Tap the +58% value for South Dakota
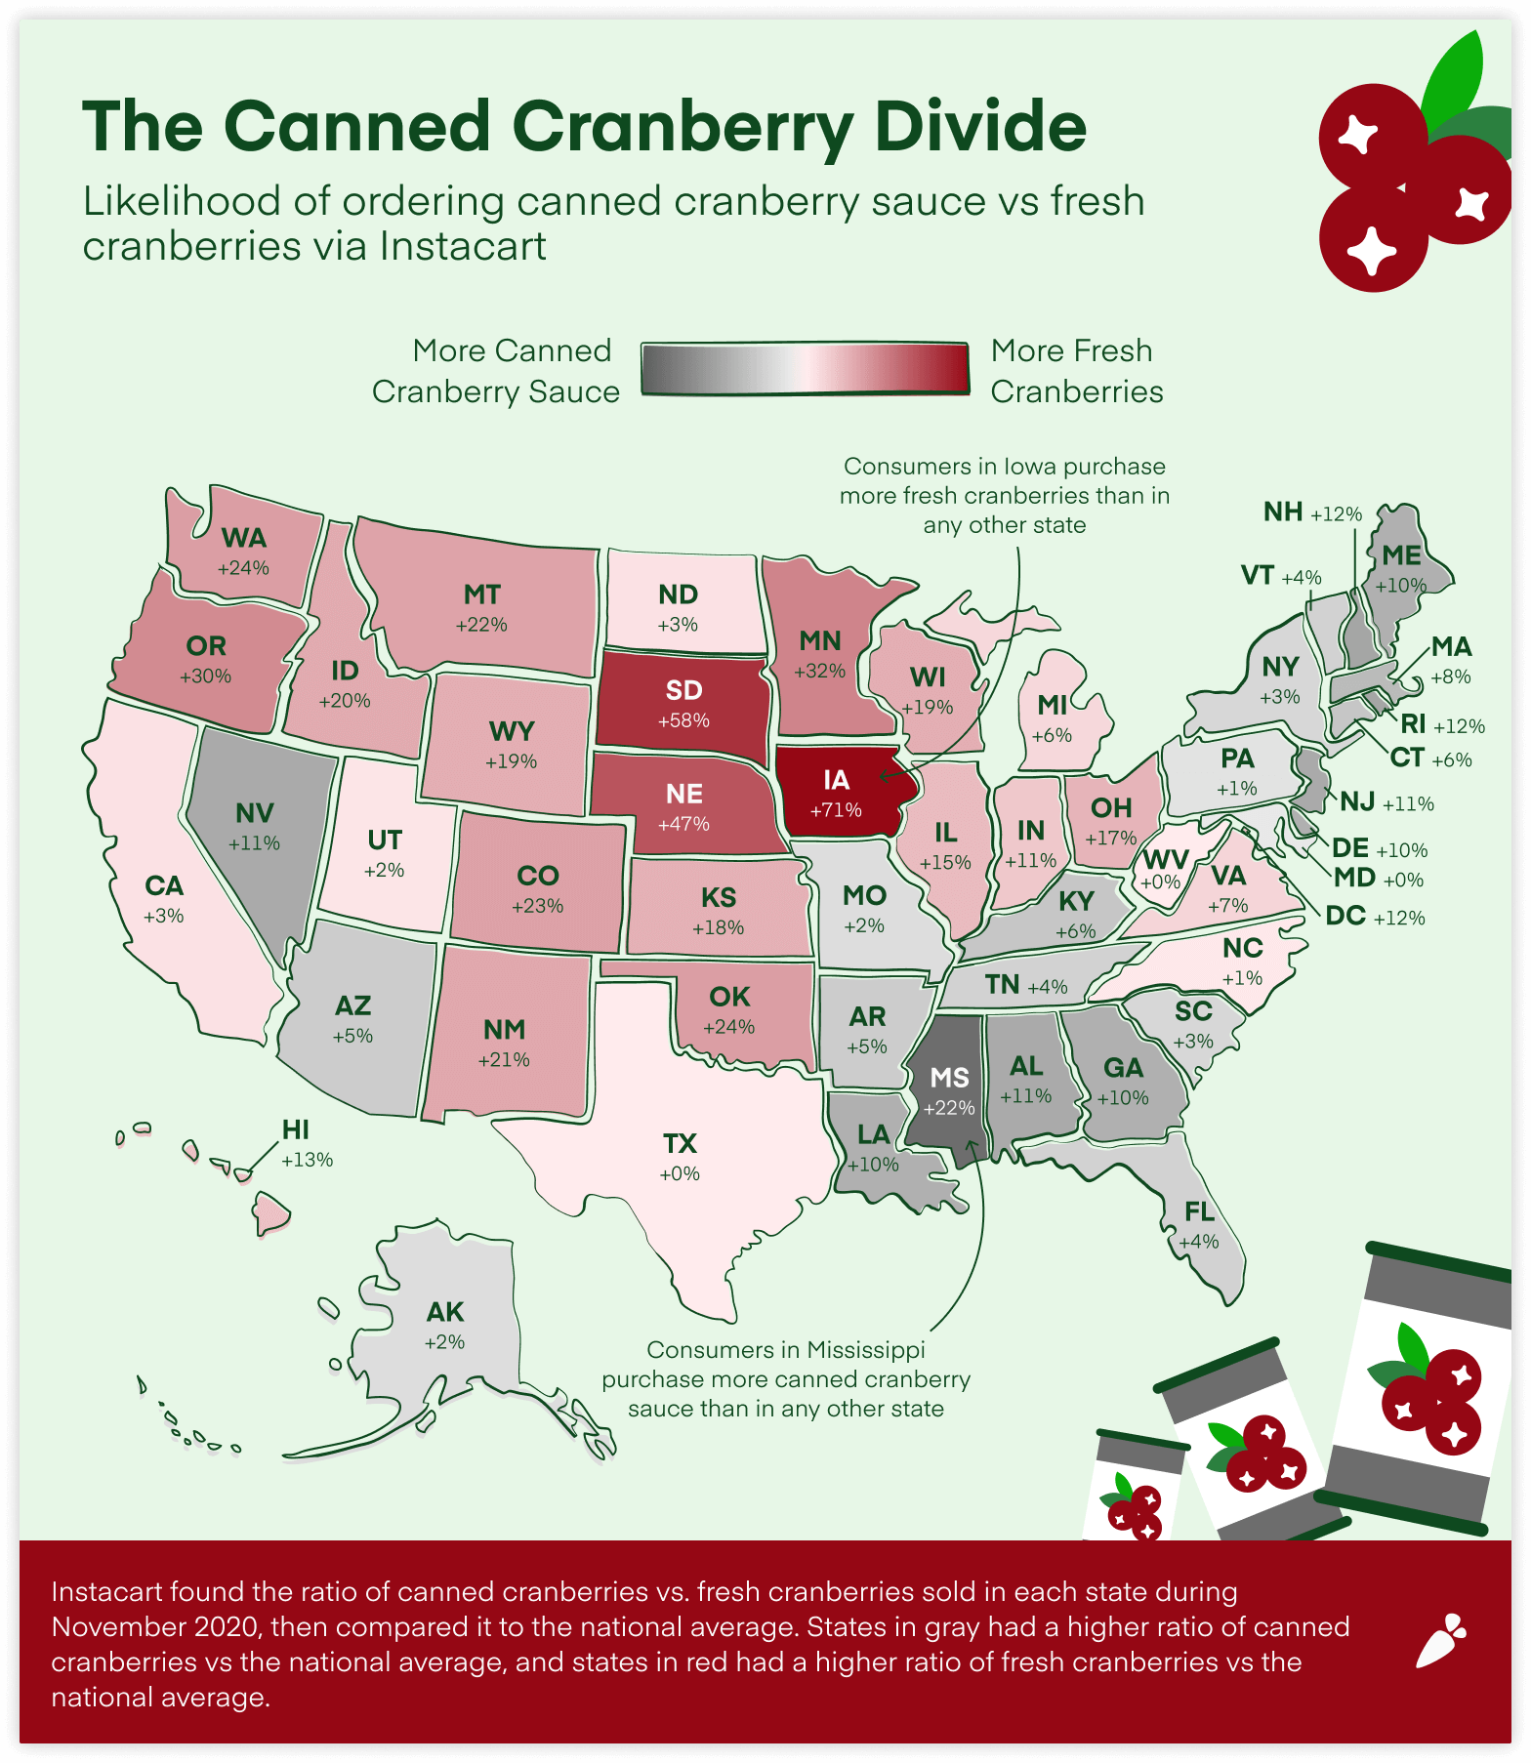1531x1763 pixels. coord(683,721)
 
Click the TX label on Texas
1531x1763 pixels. coord(680,1144)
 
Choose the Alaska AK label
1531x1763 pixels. coord(445,1312)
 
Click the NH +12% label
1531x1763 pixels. coord(1311,512)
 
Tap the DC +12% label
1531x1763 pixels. coord(1375,917)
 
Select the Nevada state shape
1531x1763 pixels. coord(256,820)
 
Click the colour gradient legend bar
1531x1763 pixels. coord(806,369)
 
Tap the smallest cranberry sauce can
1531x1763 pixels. coord(1133,1489)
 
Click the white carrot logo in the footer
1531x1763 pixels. coord(1440,1641)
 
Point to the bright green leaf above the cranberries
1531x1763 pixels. coord(1456,78)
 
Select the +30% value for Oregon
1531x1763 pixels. coord(205,676)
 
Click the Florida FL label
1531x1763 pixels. coord(1199,1212)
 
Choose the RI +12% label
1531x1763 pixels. coord(1441,724)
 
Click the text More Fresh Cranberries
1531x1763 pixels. coord(1076,371)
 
